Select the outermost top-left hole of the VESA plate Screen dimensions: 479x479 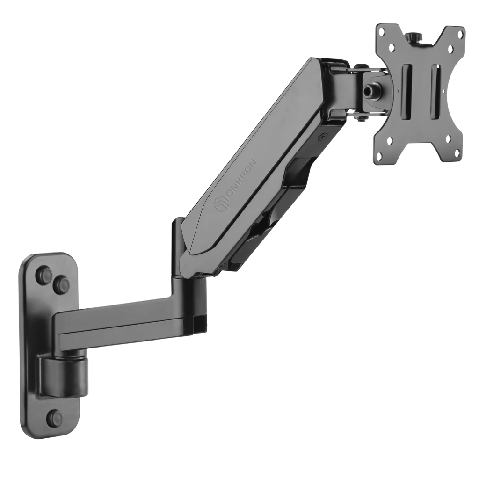point(382,31)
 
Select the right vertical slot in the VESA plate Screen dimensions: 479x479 point(435,92)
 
